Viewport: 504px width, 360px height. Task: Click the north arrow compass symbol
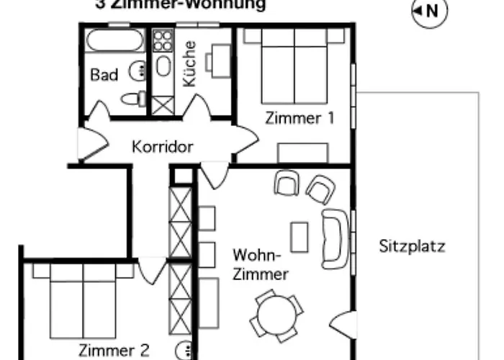tap(429, 11)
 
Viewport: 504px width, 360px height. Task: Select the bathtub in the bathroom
tap(115, 41)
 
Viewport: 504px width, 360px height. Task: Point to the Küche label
tap(189, 64)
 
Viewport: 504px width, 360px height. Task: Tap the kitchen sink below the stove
tap(163, 67)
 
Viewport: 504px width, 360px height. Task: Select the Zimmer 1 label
tap(299, 118)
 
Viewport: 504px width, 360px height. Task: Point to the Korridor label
tap(163, 147)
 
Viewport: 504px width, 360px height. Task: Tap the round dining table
tap(276, 315)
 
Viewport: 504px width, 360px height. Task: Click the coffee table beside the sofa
tap(299, 237)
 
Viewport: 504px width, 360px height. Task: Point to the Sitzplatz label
tap(412, 246)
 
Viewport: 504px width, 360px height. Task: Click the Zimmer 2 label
tap(114, 351)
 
